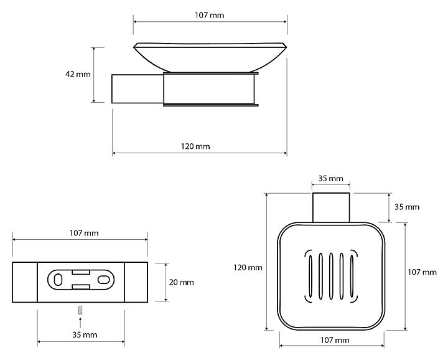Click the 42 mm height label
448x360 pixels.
(78, 74)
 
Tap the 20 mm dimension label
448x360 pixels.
(182, 283)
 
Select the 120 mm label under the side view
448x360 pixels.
(195, 146)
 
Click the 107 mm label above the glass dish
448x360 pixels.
(210, 15)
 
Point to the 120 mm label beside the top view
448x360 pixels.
(248, 268)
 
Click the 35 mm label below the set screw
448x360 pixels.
(85, 335)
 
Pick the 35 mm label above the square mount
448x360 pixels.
(330, 179)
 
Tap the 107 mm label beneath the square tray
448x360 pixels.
(335, 340)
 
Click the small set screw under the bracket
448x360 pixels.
(80, 310)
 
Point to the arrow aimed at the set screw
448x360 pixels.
(80, 322)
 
